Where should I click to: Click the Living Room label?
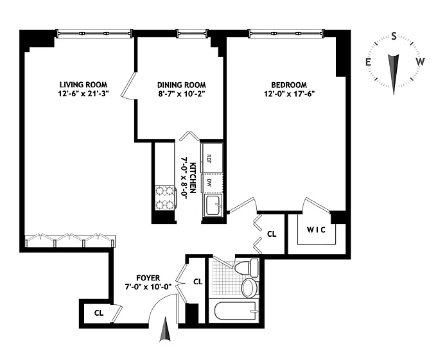point(83,85)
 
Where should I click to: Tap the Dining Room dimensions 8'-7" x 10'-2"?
point(182,94)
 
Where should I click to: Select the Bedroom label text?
point(289,85)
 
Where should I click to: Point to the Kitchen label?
point(193,178)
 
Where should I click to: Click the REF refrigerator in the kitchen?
point(212,158)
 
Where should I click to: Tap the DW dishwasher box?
point(212,184)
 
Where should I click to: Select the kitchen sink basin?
point(213,205)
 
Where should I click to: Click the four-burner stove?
point(165,198)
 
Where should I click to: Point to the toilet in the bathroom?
point(247,268)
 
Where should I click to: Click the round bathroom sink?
point(249,287)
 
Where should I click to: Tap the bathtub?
point(237,311)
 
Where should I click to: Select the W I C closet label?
point(316,230)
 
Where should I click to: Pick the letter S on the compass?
point(394,36)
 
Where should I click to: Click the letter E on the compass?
point(369,62)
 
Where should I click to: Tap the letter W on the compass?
point(421,61)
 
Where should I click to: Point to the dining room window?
point(192,33)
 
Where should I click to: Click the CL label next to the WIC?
point(272,234)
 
